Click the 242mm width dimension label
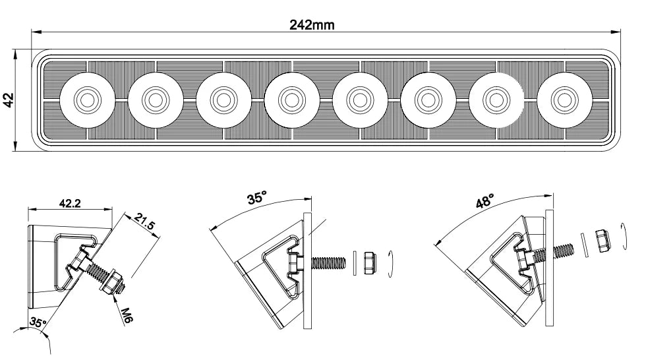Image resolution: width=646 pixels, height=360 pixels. (x=312, y=25)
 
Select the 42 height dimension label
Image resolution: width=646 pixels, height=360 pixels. (x=10, y=100)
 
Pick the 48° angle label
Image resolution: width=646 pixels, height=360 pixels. (x=485, y=202)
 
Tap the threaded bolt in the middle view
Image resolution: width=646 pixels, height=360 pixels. (x=328, y=262)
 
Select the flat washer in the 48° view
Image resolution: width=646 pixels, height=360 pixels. (x=583, y=243)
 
